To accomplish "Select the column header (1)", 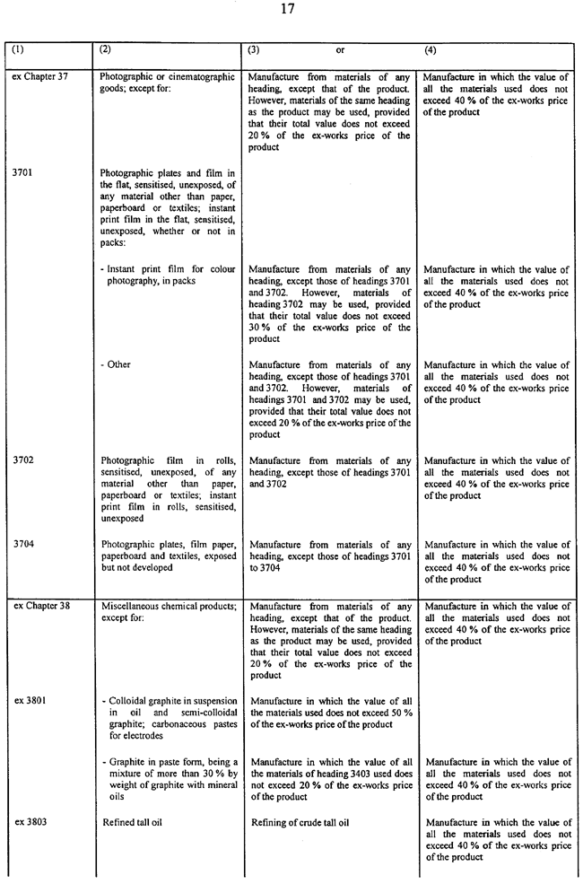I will pyautogui.click(x=19, y=51).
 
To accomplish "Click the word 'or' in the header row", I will pyautogui.click(x=341, y=51).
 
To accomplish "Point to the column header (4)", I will pyautogui.click(x=431, y=51).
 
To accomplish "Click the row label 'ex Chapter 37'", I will pyautogui.click(x=40, y=77).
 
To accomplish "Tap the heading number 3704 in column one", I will pyautogui.click(x=24, y=545).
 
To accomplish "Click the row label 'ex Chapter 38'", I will pyautogui.click(x=40, y=607).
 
